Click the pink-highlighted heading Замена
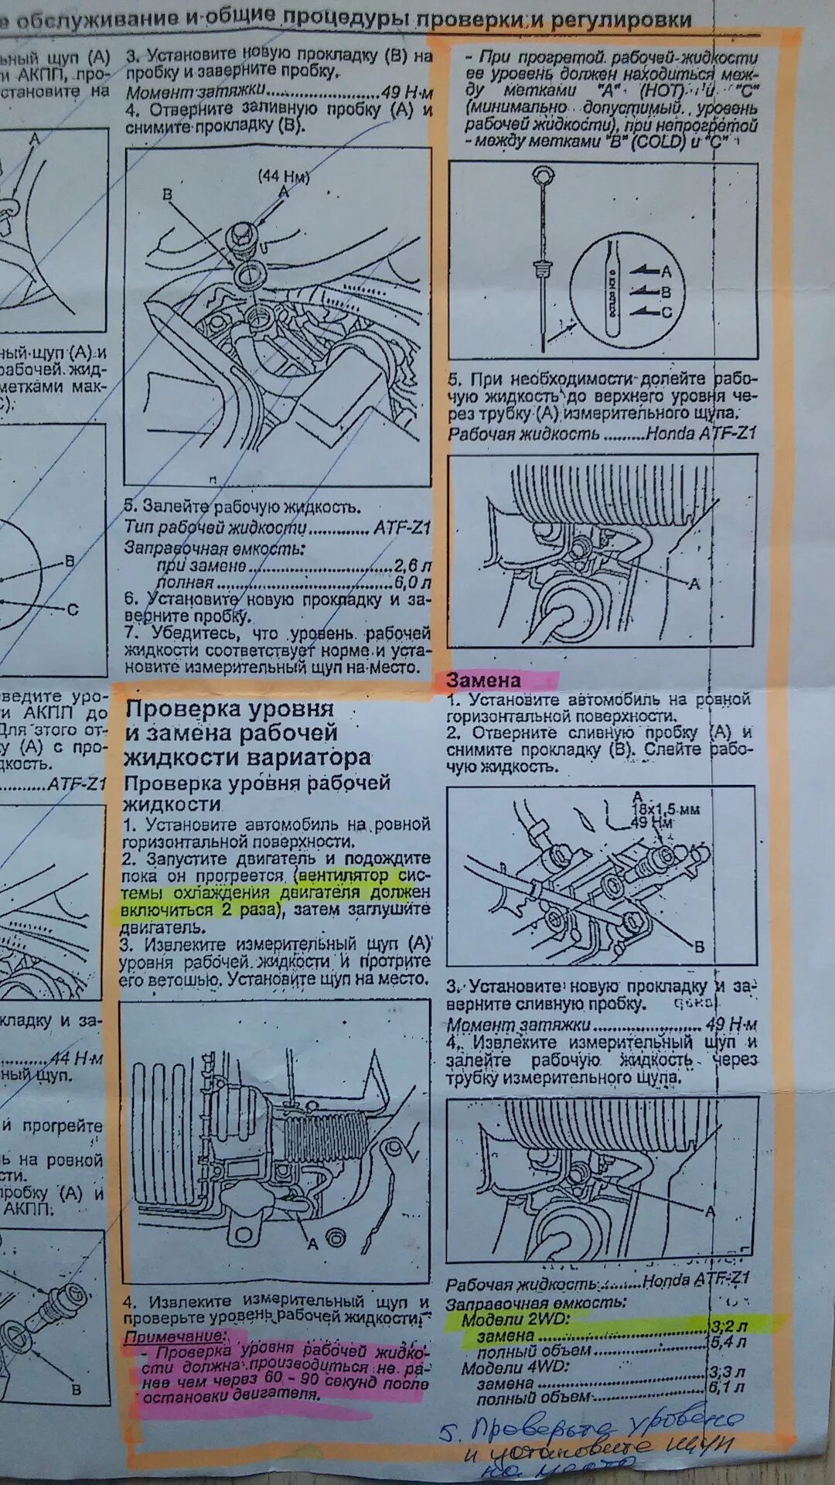[483, 681]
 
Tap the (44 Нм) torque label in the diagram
[284, 176]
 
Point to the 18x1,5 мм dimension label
[666, 809]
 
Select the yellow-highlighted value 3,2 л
[728, 1326]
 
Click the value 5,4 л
[728, 1342]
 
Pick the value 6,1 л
[728, 1388]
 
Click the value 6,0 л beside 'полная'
[411, 582]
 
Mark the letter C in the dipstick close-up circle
[666, 312]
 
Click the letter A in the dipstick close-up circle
[666, 271]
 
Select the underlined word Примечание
[176, 1336]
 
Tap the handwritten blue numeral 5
[448, 1432]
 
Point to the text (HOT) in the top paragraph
[662, 90]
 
